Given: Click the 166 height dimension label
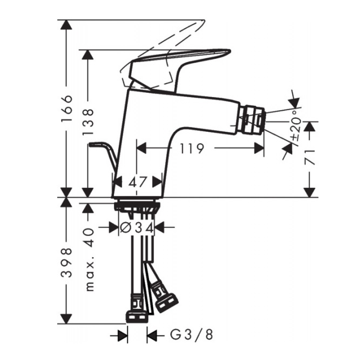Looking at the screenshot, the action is click(66, 109).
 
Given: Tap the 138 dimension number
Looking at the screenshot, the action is click(88, 122).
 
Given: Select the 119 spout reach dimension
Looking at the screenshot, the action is click(192, 149).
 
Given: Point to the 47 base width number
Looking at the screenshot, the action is click(138, 182).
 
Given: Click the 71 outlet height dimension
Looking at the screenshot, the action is click(310, 157).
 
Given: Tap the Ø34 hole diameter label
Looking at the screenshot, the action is click(137, 228).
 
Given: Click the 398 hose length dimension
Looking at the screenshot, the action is click(66, 262).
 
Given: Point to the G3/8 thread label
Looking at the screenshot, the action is click(192, 335).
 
